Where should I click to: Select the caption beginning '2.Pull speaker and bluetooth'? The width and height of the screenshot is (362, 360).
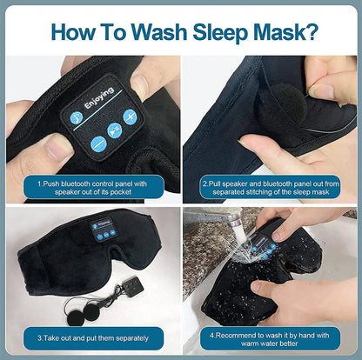[x=271, y=187]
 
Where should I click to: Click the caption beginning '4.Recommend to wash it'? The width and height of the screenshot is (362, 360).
[x=271, y=337]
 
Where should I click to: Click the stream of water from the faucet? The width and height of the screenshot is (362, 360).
[x=236, y=233]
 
